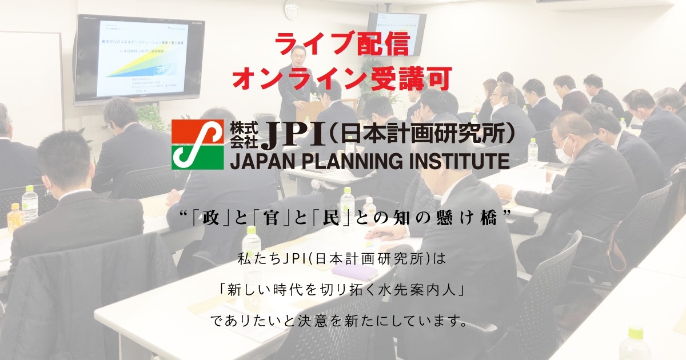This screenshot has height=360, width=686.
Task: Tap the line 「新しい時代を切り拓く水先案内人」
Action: point(343,289)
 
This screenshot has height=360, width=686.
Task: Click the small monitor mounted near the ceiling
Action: point(396,32)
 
